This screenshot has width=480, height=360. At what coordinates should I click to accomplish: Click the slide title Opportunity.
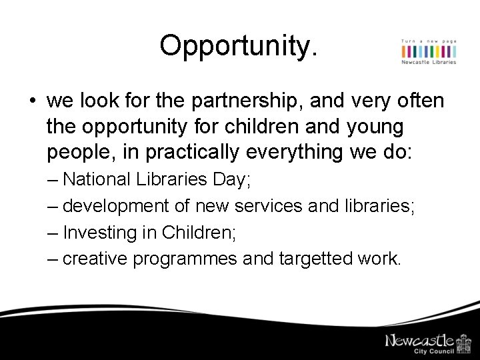click(x=239, y=45)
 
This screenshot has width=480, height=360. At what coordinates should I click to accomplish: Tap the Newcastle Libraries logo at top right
click(x=429, y=52)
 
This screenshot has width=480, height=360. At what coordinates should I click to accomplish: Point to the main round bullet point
click(x=32, y=102)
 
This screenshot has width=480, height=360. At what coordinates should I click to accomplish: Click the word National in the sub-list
click(x=95, y=179)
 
